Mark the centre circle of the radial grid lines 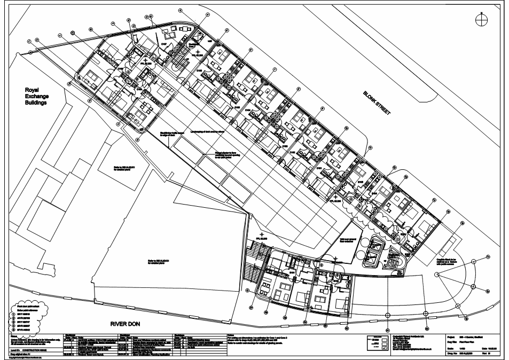(x=437, y=275)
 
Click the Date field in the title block (x=488, y=346)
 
